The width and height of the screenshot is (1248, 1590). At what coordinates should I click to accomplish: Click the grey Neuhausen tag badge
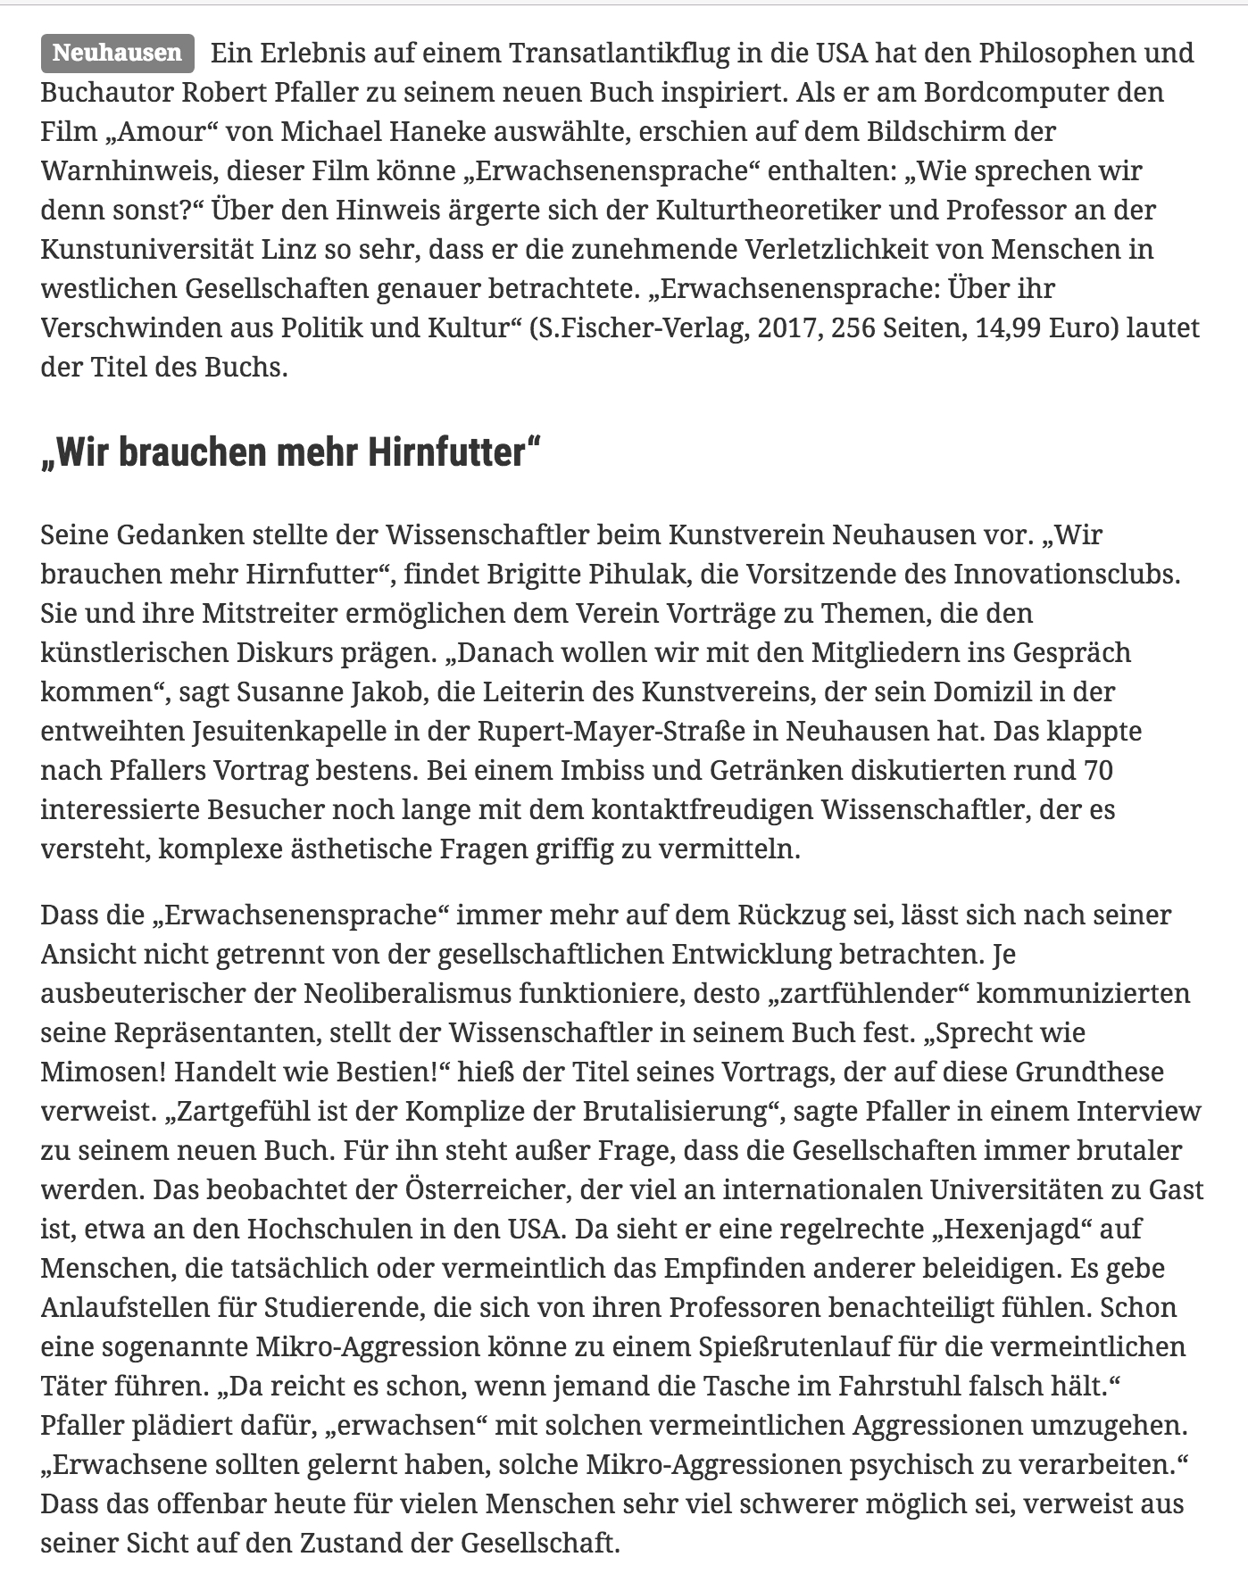tap(117, 53)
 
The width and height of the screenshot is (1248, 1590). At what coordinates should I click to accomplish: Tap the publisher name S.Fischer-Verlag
tap(639, 327)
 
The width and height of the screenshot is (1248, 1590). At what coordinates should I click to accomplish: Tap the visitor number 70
tap(1097, 770)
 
